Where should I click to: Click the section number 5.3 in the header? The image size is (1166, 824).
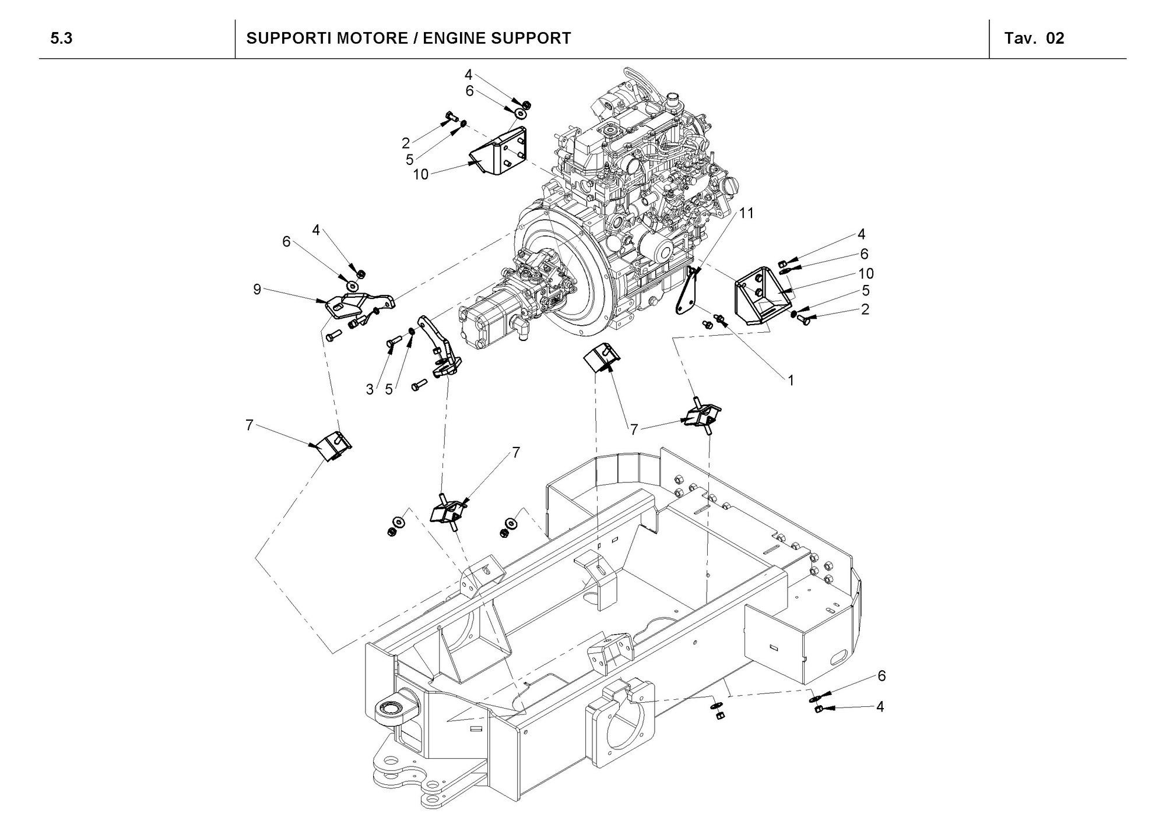pos(61,39)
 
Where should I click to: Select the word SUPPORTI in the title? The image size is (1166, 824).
pos(283,38)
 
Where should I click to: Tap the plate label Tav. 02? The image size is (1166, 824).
pos(1035,38)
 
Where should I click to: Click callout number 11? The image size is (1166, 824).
pos(746,213)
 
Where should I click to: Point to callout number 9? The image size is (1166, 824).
pos(257,289)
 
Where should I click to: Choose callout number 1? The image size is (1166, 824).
pos(791,381)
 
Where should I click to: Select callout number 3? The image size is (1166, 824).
pos(370,390)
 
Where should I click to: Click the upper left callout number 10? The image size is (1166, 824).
pos(421,174)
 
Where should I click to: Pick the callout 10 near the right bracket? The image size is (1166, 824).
pos(866,273)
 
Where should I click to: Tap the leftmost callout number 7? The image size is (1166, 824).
pos(250,425)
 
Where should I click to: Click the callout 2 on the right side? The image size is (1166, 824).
pos(865,309)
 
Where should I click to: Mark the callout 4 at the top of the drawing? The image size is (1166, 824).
pos(468,75)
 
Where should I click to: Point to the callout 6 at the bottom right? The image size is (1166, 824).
pos(881,676)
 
